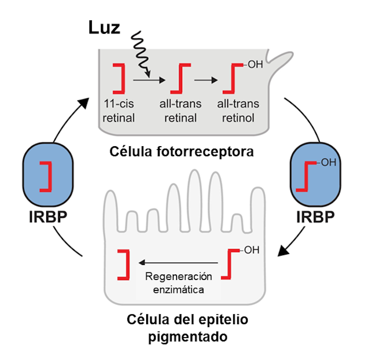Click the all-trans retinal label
tap(181, 111)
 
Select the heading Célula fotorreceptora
tap(182, 151)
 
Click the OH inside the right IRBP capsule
tap(327, 162)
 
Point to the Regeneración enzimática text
tap(181, 282)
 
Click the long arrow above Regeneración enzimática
tap(179, 263)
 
